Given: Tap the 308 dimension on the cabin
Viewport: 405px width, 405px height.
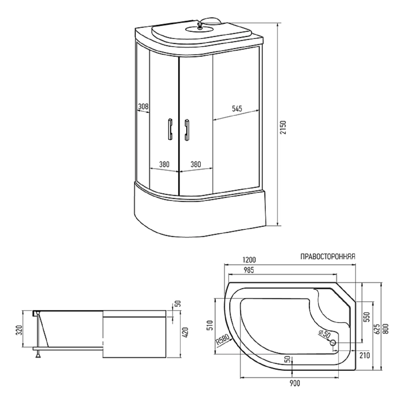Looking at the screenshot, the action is (x=143, y=107).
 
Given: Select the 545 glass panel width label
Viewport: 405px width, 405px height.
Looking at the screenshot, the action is (x=237, y=109).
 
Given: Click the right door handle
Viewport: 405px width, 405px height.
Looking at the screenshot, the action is (x=187, y=130).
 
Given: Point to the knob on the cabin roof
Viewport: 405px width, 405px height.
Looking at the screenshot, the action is (x=200, y=25).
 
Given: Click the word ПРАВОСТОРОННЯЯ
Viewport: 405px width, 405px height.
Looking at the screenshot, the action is (x=328, y=256).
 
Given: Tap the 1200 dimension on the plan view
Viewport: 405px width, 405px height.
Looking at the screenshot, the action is (x=249, y=260).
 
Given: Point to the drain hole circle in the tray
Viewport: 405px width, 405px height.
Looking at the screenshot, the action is (x=333, y=343).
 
